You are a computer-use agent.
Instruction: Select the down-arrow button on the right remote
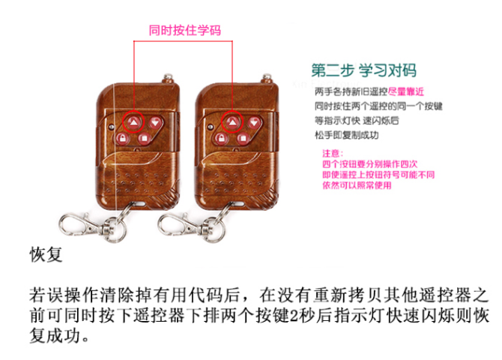[x=255, y=121]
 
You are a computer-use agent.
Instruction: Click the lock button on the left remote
[x=120, y=139]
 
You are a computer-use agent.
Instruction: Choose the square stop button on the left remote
[x=142, y=139]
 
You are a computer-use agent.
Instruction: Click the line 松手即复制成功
[x=348, y=135]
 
